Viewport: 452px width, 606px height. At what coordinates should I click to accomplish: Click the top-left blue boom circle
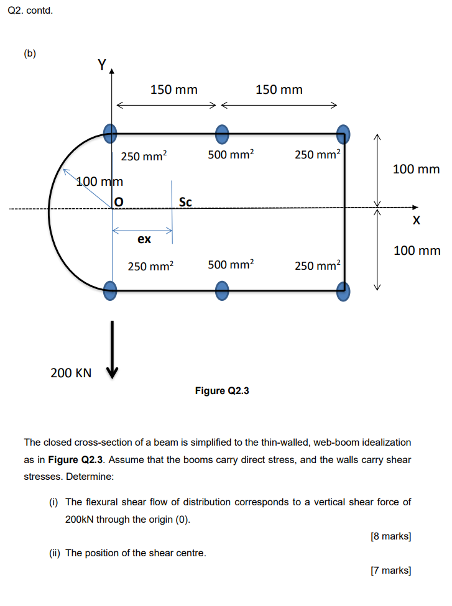point(109,132)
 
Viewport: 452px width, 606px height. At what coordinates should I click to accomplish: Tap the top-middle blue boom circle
point(222,132)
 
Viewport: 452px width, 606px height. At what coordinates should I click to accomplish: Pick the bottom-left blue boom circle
point(109,289)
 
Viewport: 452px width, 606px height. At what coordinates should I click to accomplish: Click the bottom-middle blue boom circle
point(222,290)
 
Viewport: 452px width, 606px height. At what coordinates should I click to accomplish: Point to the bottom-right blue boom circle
point(343,290)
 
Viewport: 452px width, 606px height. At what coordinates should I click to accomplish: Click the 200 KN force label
point(70,373)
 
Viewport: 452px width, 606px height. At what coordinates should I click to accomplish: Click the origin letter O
point(118,201)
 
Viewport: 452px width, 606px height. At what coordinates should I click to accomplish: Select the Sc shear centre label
point(185,201)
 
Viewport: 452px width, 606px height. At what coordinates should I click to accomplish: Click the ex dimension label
point(144,239)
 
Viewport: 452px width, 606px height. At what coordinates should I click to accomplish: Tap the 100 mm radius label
point(99,181)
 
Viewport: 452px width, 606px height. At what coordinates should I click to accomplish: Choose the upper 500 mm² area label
point(231,155)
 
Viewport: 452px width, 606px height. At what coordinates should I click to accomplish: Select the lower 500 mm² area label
point(231,265)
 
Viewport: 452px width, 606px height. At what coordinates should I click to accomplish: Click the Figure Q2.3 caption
point(222,391)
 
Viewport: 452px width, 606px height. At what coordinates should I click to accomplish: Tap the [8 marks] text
point(390,536)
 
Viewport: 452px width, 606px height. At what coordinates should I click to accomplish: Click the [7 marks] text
point(390,570)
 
